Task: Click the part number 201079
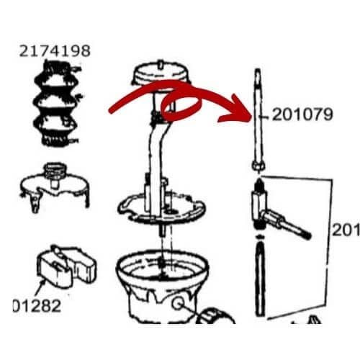(x=302, y=115)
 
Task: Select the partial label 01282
(x=37, y=305)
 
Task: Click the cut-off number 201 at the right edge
(x=345, y=230)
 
